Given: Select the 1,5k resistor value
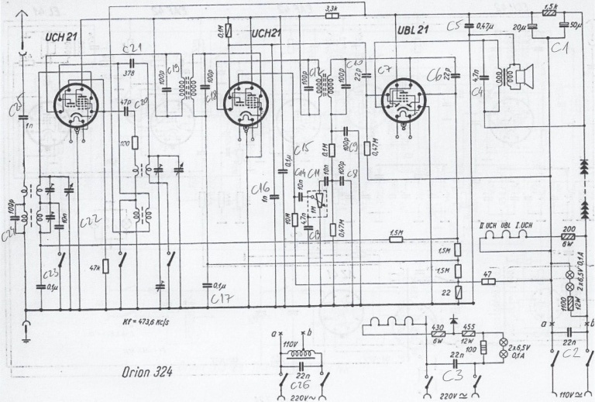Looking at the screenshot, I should [x=551, y=7].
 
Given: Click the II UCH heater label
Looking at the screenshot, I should [x=489, y=225].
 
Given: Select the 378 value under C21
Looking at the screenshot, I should [x=129, y=74].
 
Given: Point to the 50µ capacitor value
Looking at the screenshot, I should [x=575, y=27].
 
